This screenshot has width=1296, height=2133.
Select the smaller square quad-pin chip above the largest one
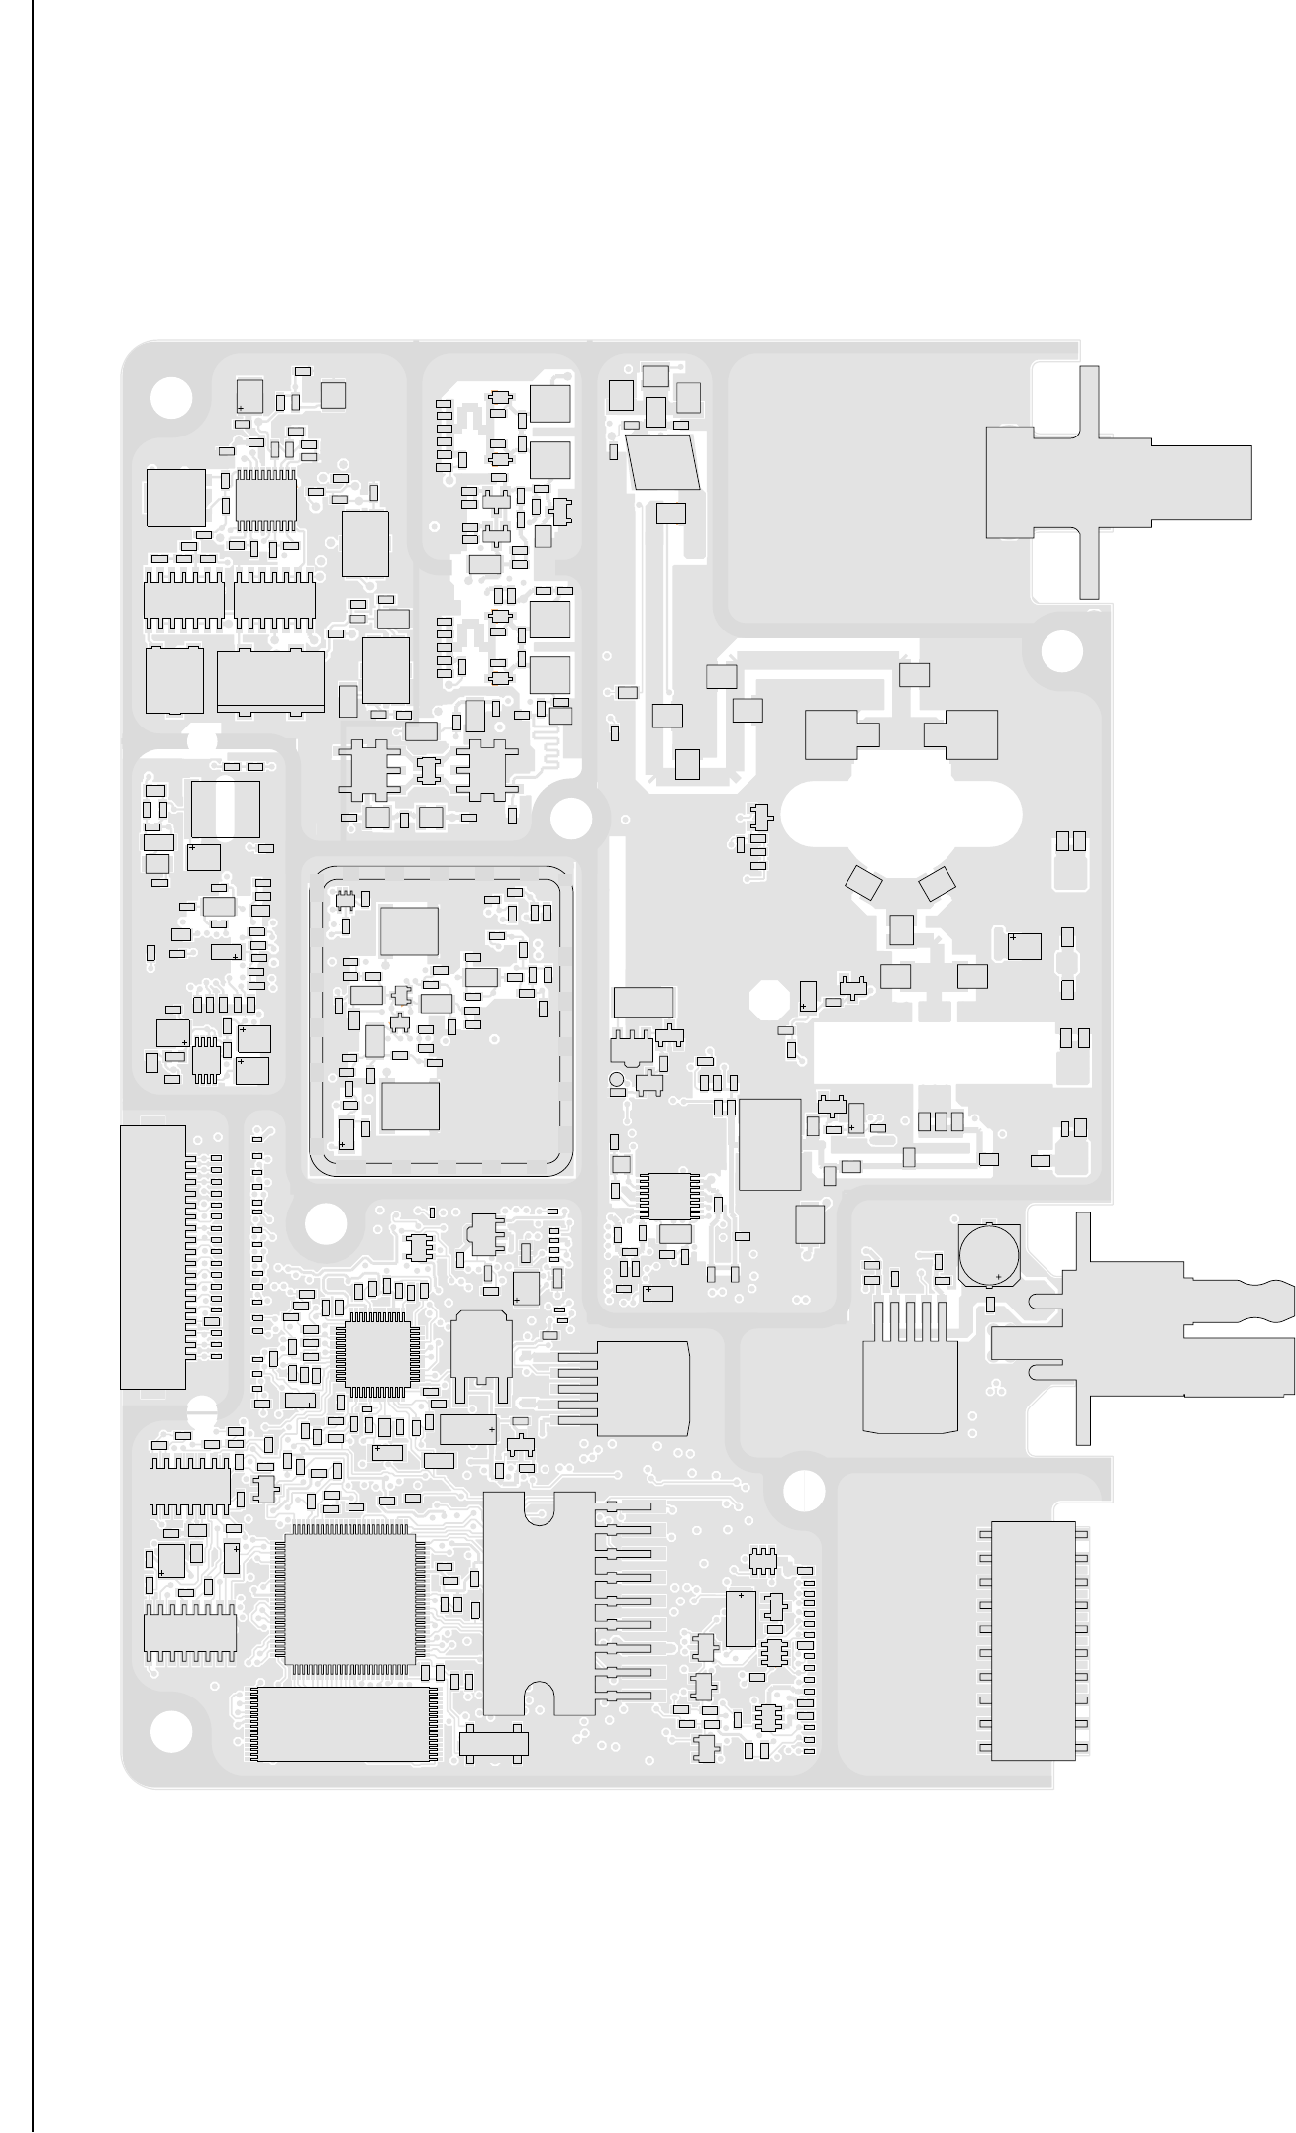(375, 1352)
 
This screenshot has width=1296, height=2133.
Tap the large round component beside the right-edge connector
(989, 1254)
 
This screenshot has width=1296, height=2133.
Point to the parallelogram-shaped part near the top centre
(663, 461)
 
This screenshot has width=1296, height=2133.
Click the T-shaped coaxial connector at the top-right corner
(1109, 482)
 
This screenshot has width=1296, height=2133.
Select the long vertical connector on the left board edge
(152, 1256)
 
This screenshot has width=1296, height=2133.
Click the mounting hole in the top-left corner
(171, 397)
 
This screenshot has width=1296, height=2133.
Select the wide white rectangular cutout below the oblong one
(933, 1052)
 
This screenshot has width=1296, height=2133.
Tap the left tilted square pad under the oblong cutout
(863, 883)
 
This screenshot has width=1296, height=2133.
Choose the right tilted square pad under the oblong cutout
(937, 883)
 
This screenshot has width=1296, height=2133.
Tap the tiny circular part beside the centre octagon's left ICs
(616, 1078)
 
